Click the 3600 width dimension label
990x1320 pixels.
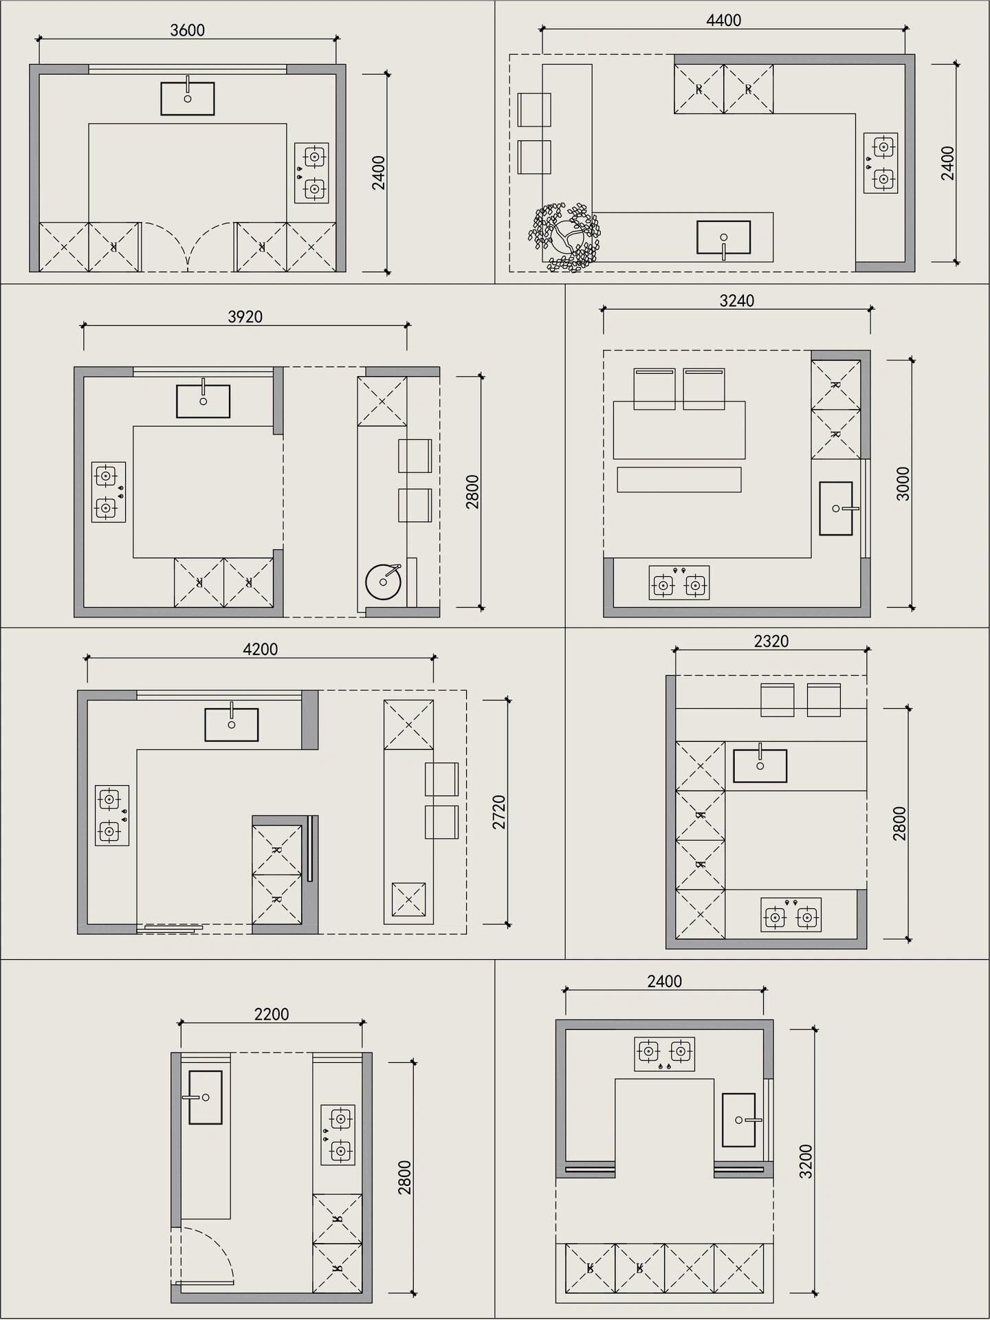187,30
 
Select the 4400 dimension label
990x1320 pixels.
723,21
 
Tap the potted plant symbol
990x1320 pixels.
563,236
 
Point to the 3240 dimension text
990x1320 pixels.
736,300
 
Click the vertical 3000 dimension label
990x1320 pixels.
903,483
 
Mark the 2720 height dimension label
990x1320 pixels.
499,812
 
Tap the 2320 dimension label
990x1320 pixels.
771,641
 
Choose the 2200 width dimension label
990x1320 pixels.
272,1013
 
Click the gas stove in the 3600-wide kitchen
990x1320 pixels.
311,173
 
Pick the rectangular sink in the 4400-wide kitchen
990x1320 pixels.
723,238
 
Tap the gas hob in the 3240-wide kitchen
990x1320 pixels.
679,582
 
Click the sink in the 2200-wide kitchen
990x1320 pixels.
204,1097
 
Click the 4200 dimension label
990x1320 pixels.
261,648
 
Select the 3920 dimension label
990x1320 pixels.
245,316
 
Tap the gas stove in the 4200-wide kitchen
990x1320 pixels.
112,815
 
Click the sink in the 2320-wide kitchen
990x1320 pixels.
760,764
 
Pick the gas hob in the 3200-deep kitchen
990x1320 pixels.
664,1054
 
